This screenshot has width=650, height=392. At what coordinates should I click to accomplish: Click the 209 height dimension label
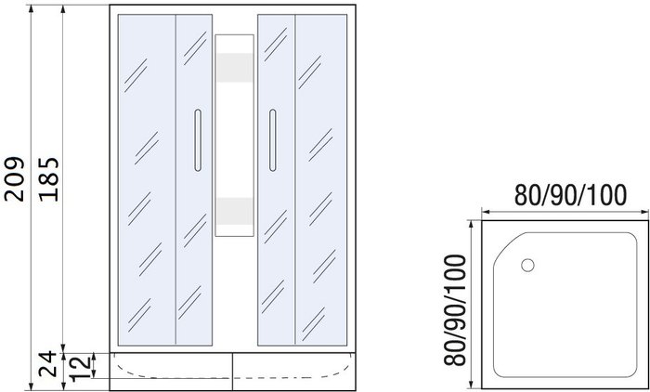(x=15, y=178)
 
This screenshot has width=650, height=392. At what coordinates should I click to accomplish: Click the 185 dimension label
(x=49, y=179)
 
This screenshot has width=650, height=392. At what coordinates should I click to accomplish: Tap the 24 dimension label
(x=47, y=363)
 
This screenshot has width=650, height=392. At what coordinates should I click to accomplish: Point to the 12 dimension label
(x=80, y=368)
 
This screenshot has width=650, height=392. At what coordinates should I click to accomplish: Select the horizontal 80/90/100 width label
(x=570, y=195)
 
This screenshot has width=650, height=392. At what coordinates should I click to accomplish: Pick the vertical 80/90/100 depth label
(x=455, y=310)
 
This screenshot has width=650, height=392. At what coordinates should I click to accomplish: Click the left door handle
(x=198, y=140)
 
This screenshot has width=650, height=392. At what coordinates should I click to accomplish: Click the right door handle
(x=272, y=140)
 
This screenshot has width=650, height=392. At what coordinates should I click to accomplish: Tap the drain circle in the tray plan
(x=527, y=265)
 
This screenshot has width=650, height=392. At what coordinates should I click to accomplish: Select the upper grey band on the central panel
(x=235, y=68)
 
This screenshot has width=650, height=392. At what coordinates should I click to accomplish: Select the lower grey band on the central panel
(x=235, y=211)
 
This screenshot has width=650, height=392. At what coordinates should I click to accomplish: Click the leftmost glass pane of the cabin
(x=147, y=180)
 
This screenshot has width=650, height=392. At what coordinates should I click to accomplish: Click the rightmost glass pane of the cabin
(x=321, y=180)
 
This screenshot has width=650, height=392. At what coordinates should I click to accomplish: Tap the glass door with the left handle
(x=194, y=180)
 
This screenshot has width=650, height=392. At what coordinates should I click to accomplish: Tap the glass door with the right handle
(x=276, y=180)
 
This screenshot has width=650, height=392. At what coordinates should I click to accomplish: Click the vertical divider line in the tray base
(x=232, y=372)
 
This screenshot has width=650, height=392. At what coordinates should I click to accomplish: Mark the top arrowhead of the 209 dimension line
(x=31, y=9)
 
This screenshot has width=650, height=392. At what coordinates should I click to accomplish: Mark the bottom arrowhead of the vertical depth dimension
(x=472, y=385)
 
